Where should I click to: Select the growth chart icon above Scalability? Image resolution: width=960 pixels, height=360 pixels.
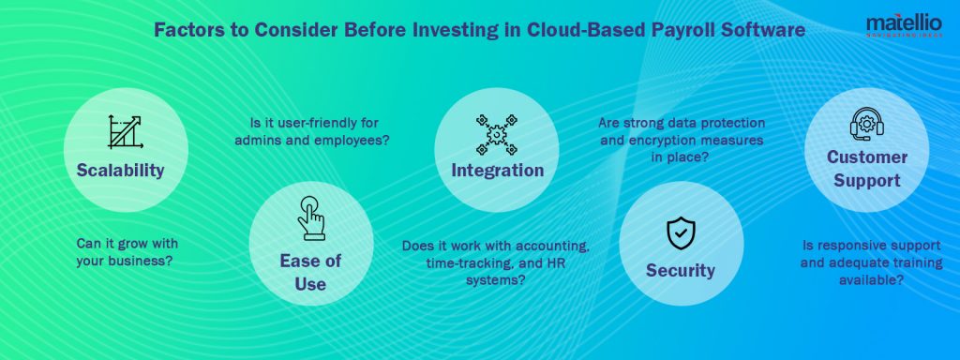click(x=124, y=132)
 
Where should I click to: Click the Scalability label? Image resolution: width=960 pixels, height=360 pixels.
click(x=124, y=171)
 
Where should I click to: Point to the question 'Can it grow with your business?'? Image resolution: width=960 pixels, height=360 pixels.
click(x=124, y=251)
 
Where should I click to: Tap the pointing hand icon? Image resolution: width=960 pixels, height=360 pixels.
click(x=310, y=217)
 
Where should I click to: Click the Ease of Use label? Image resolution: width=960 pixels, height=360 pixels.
click(x=310, y=272)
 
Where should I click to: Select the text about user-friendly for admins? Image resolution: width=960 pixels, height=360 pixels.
click(x=320, y=131)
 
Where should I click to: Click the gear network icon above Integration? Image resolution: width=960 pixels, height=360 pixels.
click(x=497, y=133)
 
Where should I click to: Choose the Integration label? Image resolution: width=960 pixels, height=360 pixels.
click(x=497, y=171)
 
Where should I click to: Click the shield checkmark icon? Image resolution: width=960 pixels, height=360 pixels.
click(x=680, y=232)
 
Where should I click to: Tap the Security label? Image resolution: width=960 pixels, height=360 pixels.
click(x=680, y=271)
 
